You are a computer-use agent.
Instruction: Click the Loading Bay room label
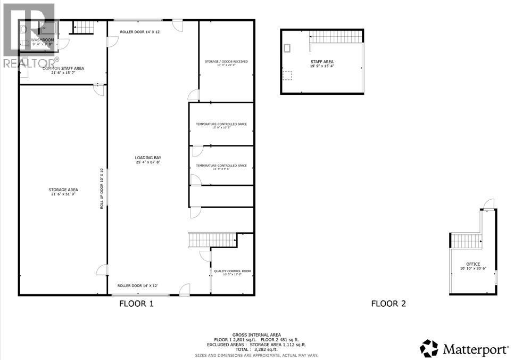(148, 158)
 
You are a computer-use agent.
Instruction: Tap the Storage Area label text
(63, 190)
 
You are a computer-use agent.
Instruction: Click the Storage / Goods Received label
(226, 61)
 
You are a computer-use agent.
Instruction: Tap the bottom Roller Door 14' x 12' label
(137, 285)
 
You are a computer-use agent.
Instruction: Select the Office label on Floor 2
(473, 264)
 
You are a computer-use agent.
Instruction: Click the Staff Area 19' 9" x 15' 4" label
(322, 62)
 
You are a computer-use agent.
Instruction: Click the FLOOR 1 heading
(136, 304)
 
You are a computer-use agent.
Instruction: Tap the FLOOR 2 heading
(388, 304)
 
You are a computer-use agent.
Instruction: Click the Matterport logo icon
(428, 348)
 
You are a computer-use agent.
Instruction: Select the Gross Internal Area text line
(256, 334)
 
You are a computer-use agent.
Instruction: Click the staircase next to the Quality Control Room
(212, 239)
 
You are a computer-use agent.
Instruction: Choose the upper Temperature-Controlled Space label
(221, 124)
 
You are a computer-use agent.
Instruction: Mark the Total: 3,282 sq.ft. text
(256, 349)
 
